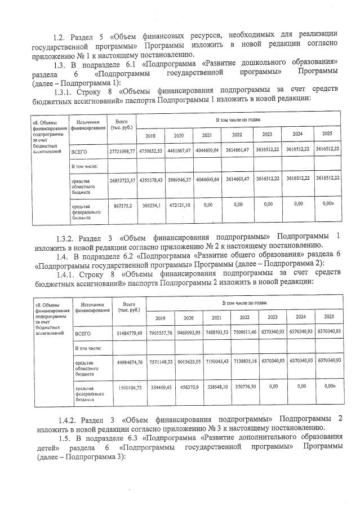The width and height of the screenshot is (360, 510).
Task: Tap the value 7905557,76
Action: tap(160, 333)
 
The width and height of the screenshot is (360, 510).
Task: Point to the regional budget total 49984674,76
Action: tap(129, 361)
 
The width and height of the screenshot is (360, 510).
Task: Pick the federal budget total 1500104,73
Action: tap(129, 388)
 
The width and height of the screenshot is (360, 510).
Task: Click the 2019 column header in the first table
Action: tap(150, 136)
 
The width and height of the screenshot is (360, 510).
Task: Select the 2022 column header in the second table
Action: tap(245, 317)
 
